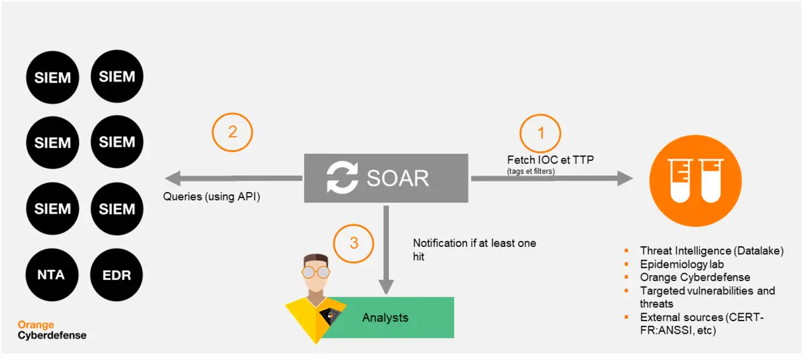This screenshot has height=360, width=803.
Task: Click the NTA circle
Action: (x=52, y=274)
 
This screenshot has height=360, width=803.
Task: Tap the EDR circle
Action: (x=116, y=274)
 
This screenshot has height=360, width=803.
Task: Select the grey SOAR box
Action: (x=385, y=178)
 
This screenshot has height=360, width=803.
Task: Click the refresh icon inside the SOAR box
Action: (x=342, y=177)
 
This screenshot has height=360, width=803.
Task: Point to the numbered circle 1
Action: (x=540, y=133)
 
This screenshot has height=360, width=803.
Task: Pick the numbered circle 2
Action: (x=232, y=132)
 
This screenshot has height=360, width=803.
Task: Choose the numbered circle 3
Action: (x=353, y=244)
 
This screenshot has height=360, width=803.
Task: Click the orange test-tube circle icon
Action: (x=695, y=181)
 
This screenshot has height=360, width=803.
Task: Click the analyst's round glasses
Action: (x=315, y=272)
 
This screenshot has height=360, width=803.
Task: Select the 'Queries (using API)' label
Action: (x=211, y=197)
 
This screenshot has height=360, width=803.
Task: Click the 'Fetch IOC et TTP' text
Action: (x=550, y=159)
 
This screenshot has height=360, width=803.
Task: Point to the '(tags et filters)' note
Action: (x=531, y=171)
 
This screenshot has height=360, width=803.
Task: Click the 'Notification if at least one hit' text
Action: (x=474, y=250)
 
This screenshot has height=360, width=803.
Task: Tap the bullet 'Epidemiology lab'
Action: (x=682, y=264)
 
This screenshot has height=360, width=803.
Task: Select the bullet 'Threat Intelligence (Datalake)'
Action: (x=712, y=251)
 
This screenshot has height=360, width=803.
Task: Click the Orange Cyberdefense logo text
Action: (x=52, y=330)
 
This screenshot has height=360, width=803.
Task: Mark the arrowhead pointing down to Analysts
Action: (x=386, y=287)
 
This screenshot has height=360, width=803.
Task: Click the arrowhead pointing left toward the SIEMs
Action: (x=173, y=178)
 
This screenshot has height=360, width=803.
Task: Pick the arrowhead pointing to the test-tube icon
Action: (x=625, y=178)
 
